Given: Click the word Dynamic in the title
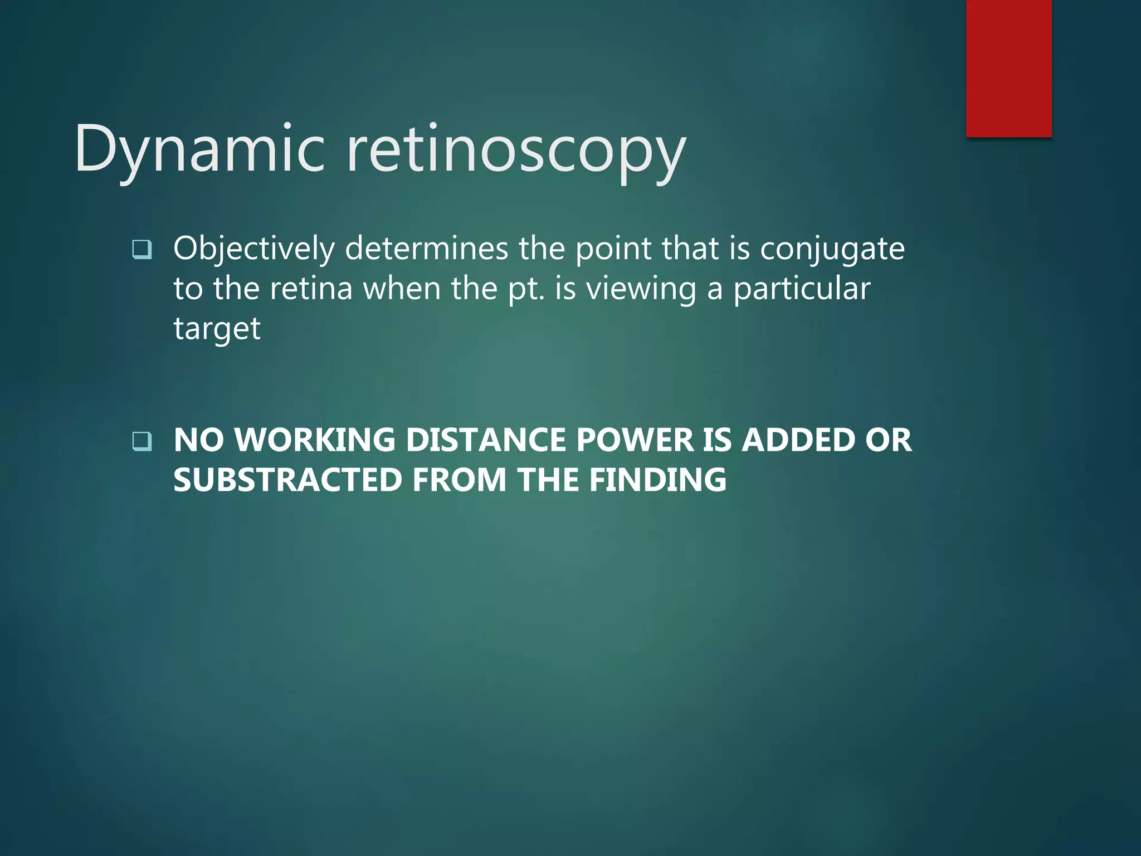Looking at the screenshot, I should (199, 149).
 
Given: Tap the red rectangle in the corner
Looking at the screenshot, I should (1008, 68).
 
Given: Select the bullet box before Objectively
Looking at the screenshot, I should (142, 249).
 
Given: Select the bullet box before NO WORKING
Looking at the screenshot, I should (142, 441).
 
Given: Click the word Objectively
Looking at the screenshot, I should (254, 249).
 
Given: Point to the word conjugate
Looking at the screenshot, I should (832, 249).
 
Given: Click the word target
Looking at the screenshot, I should (217, 329).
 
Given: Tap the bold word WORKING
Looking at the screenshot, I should (315, 440).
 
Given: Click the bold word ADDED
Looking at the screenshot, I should (797, 440).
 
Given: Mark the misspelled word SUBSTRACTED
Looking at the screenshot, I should (287, 480).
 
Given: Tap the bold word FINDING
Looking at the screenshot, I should (657, 480).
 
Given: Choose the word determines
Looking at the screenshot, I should (426, 249).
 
